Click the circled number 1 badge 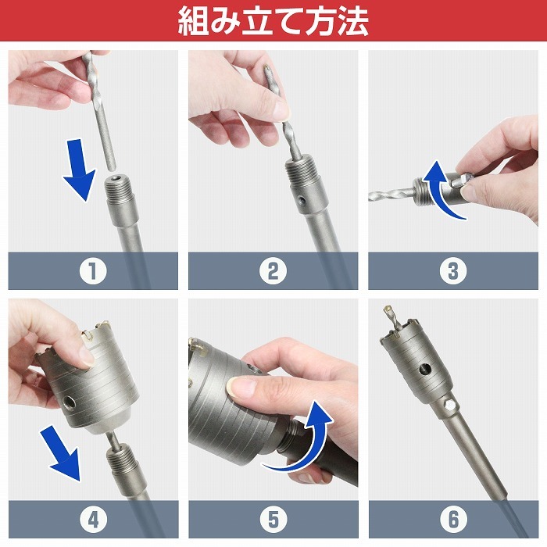(93, 270)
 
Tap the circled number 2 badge (273, 270)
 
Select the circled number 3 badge (453, 270)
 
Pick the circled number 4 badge (93, 520)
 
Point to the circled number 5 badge (273, 520)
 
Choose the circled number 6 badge (453, 520)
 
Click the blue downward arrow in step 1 (80, 170)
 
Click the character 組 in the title (193, 21)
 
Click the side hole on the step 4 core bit (69, 404)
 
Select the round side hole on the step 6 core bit (425, 369)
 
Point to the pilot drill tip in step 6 (387, 309)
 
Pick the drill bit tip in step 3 (371, 197)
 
